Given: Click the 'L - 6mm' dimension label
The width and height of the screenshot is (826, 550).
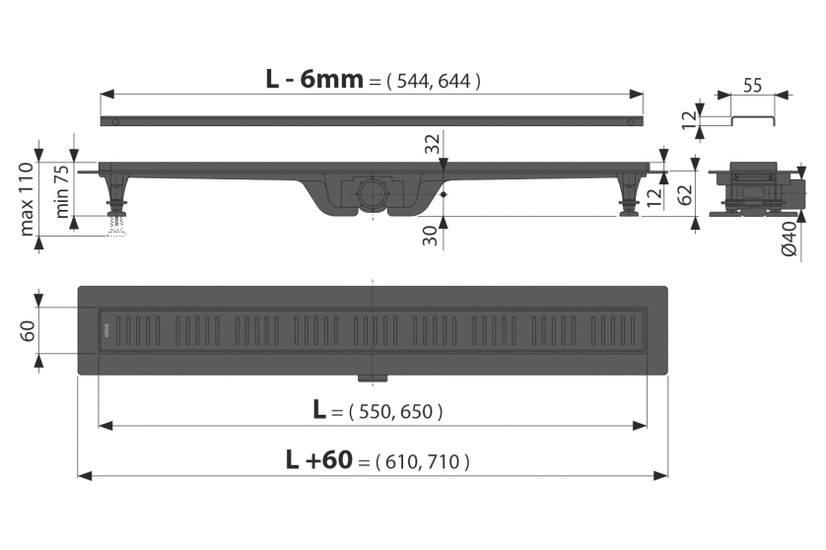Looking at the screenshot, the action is point(314,80).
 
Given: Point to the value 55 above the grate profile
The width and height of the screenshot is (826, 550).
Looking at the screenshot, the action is point(752,85).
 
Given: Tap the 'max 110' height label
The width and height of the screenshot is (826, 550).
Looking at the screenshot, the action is point(27,199).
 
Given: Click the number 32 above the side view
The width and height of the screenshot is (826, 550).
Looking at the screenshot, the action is point(433,143).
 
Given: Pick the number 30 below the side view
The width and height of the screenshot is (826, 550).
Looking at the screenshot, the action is point(431,236).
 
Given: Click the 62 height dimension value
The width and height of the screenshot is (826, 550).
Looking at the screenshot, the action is point(684,195).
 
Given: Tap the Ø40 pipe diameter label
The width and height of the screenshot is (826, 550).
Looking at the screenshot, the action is point(791,239).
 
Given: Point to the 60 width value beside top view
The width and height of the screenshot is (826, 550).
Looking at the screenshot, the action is point(28,331).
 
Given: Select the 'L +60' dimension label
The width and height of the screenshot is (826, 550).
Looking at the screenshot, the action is point(319,459).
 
